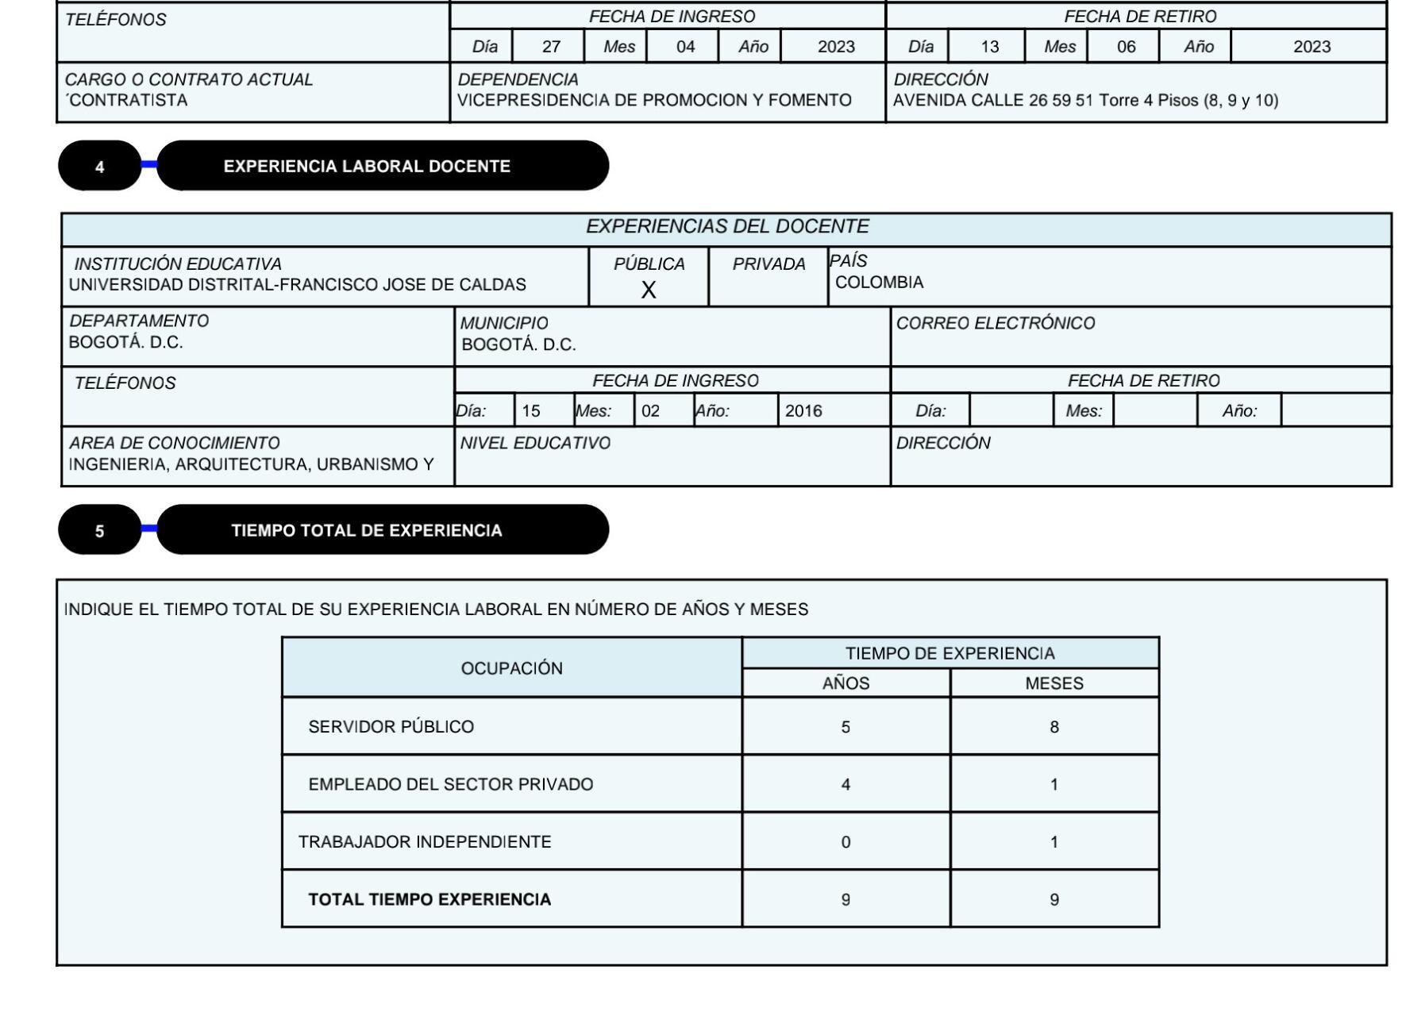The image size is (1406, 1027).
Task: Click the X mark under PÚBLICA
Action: (649, 290)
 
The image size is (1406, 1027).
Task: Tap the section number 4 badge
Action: (99, 167)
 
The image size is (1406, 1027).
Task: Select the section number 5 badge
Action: (99, 531)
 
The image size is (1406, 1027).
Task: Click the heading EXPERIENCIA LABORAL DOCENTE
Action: (367, 167)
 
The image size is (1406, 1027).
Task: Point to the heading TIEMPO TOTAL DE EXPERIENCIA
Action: (367, 531)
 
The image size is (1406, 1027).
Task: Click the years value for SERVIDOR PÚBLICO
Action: (846, 727)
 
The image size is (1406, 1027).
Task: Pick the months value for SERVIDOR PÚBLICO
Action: (1054, 727)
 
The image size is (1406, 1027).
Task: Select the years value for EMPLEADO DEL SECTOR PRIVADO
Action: (846, 785)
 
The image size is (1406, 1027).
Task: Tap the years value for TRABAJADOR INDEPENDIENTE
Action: (846, 842)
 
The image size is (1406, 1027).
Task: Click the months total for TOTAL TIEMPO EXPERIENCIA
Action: (1054, 900)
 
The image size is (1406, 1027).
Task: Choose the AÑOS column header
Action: (846, 683)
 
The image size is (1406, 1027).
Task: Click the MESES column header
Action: (1054, 683)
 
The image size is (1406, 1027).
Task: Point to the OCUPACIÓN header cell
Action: (512, 668)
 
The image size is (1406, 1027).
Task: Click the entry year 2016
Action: (803, 411)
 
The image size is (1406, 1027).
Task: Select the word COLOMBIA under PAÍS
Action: (879, 283)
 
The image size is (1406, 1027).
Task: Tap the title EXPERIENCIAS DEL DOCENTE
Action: (727, 227)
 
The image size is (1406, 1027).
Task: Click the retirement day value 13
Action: (989, 47)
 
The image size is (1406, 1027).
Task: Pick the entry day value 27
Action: (551, 47)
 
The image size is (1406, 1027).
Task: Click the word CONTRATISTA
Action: (128, 101)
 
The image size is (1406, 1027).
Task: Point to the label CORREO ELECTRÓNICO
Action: (996, 324)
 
